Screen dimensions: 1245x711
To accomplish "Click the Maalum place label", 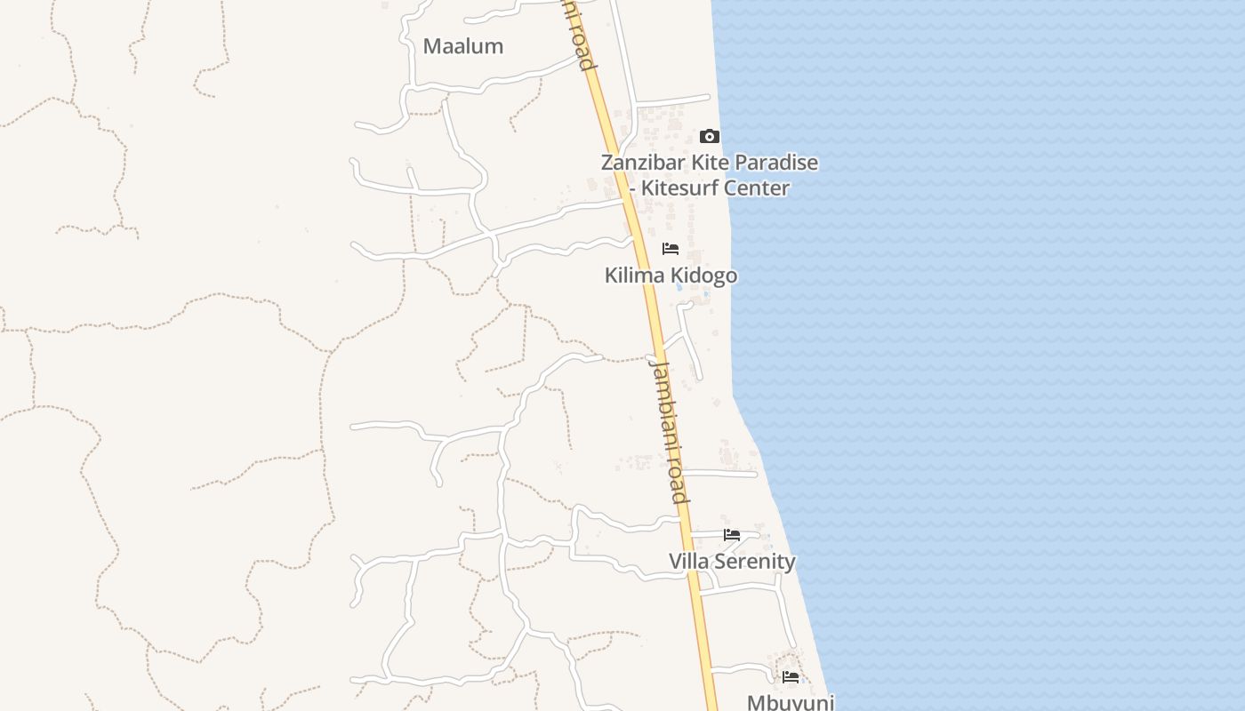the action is [462, 46].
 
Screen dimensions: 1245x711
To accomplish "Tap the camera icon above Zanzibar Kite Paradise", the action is [709, 136].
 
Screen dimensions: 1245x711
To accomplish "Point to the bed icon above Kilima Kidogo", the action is [671, 249].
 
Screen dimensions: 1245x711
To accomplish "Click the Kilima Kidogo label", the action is [671, 276].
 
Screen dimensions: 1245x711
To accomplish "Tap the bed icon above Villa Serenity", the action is [732, 535].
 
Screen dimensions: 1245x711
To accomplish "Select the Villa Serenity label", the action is [732, 562].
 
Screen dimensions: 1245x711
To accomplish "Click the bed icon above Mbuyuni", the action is [791, 677].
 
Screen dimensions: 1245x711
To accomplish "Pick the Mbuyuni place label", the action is [791, 702].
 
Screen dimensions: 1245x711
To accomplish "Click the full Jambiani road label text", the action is [669, 430].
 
